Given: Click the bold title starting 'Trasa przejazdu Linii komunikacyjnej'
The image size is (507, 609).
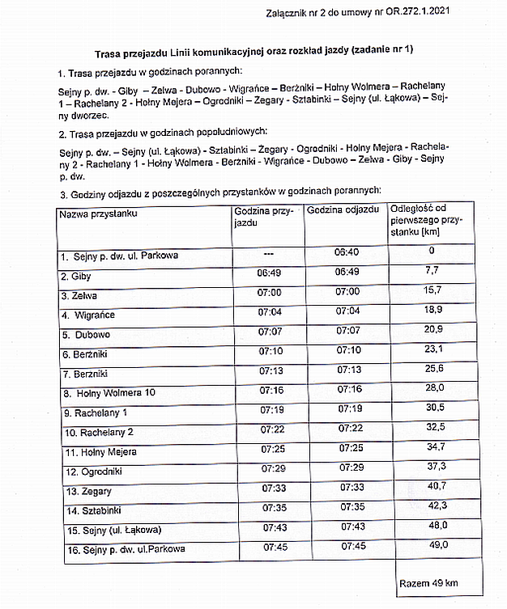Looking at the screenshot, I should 253,50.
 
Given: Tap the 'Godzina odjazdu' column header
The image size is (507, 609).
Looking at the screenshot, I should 343,209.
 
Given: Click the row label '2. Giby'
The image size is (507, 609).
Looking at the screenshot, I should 76,277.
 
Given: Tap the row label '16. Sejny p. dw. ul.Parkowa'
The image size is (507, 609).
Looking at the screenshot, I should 122,549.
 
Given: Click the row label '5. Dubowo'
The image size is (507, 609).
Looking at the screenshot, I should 86,334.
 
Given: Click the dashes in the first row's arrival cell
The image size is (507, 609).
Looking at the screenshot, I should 269,253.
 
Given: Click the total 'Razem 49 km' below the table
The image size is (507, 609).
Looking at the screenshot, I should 429,583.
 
